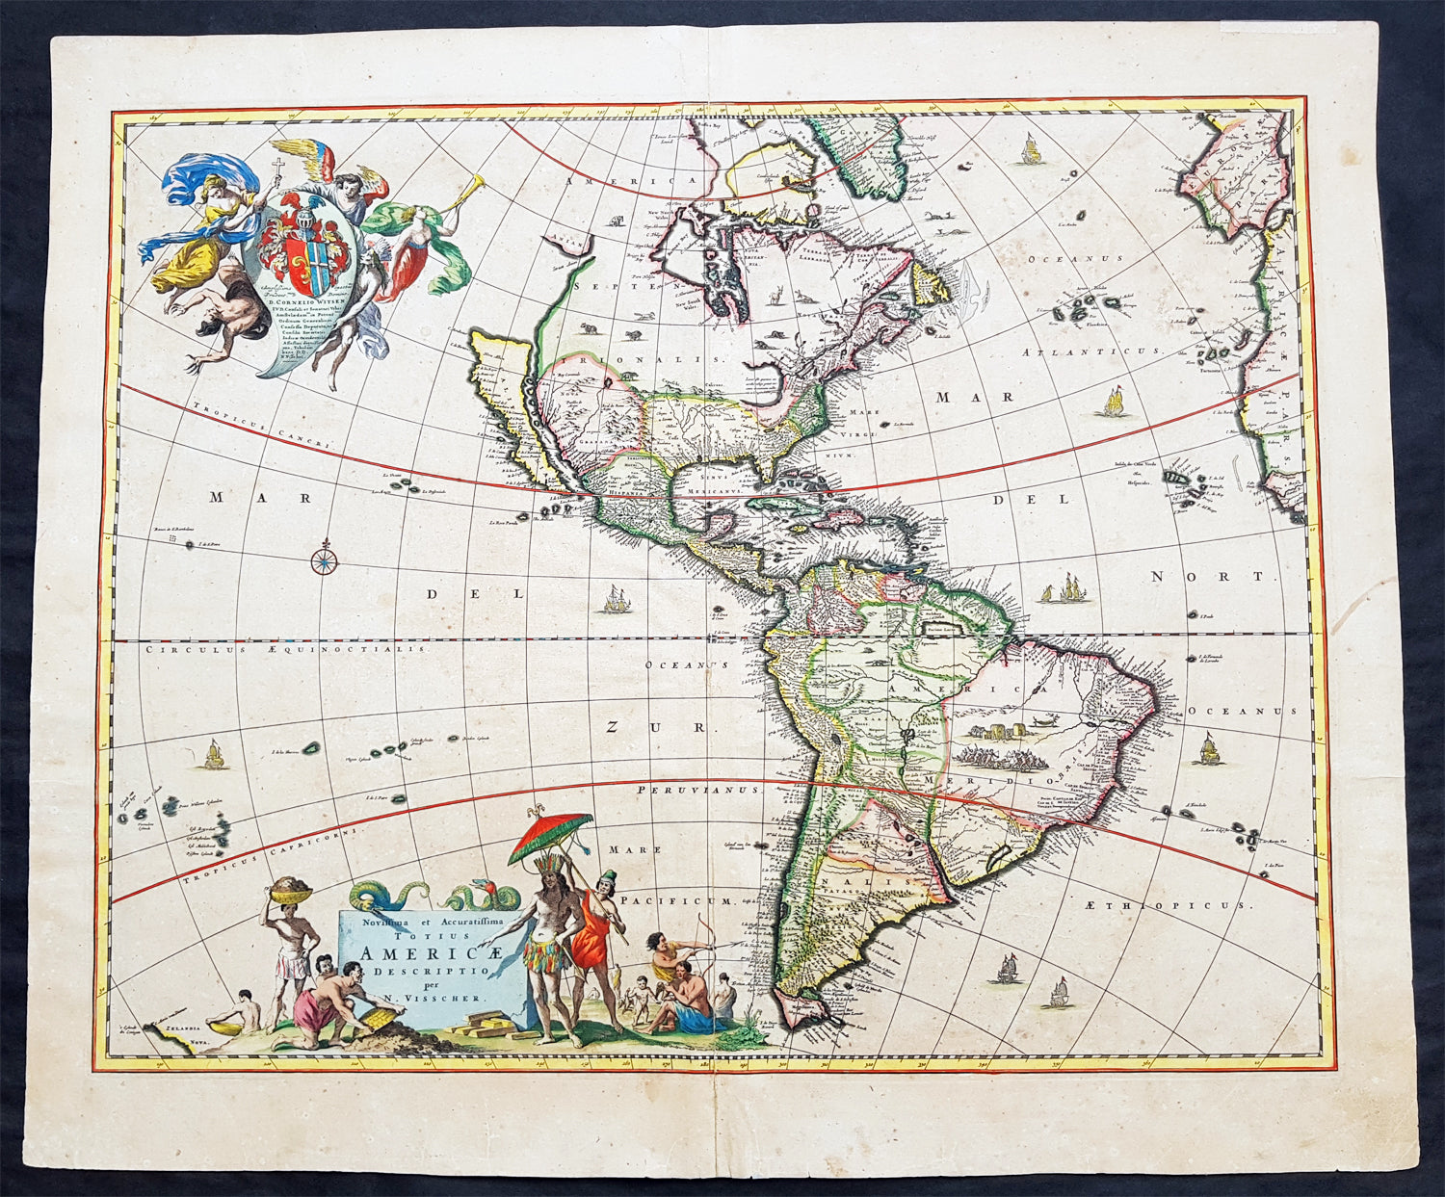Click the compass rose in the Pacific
pyautogui.click(x=325, y=557)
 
